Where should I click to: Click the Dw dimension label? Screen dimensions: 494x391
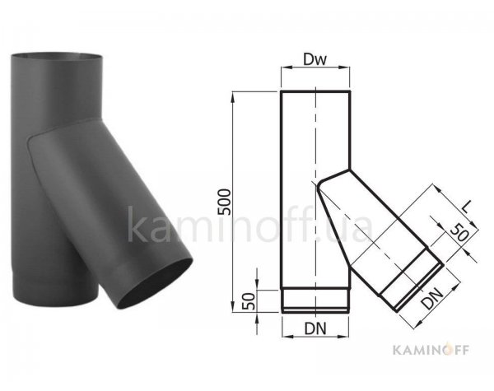pos(315,59)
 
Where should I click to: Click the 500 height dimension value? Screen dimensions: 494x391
pos(224,202)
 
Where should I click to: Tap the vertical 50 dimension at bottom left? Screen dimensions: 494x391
pos(249,301)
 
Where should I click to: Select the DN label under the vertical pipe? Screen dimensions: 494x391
pos(315,329)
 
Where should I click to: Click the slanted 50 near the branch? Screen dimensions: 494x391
pos(459,232)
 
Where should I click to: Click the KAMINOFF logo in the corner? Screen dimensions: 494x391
pos(431,350)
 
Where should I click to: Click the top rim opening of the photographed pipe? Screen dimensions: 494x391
pos(57,56)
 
